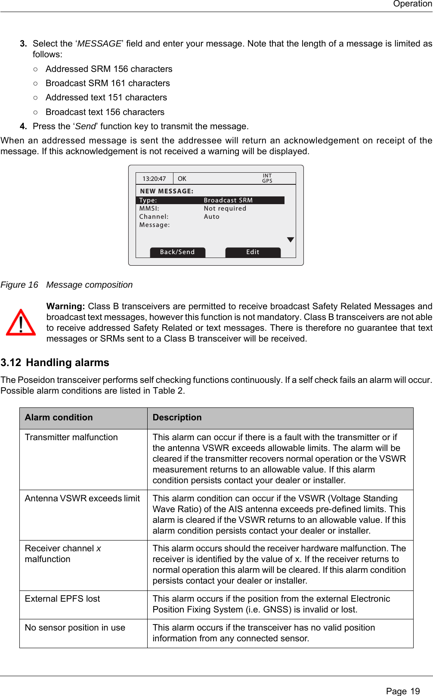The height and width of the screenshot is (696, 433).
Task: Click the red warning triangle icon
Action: click(x=21, y=323)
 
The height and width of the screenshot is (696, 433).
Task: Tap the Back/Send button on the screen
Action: click(x=177, y=252)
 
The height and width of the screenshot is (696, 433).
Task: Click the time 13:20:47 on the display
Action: click(x=154, y=179)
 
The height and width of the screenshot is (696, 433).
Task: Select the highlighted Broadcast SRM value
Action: click(x=228, y=200)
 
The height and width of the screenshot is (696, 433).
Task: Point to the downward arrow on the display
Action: click(x=291, y=240)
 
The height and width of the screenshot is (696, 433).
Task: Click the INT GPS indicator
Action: click(x=267, y=178)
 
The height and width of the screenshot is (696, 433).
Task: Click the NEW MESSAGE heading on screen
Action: click(x=167, y=191)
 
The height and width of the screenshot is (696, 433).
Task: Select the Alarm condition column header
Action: click(x=59, y=417)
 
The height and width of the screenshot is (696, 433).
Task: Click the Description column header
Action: click(x=177, y=417)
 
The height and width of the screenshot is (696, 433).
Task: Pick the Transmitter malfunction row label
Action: click(x=71, y=437)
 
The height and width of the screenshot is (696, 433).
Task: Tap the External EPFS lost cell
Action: click(x=62, y=599)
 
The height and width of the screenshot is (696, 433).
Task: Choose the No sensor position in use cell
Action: click(x=75, y=628)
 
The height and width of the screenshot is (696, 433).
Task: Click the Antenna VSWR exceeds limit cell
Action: click(x=82, y=498)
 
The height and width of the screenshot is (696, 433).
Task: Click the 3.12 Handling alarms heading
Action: click(x=55, y=363)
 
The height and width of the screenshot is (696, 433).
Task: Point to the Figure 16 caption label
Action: click(x=19, y=285)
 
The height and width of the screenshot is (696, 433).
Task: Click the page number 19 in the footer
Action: click(x=414, y=691)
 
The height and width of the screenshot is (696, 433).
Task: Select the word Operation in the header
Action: click(x=412, y=4)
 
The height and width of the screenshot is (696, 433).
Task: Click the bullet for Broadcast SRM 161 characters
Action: click(x=35, y=83)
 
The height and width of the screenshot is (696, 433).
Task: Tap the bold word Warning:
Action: click(x=65, y=306)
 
